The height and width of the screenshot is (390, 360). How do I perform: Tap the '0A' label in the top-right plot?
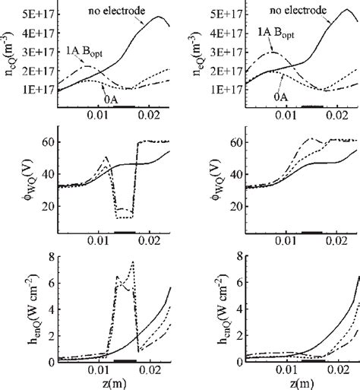288,99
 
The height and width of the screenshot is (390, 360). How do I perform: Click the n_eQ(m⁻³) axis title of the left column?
8,62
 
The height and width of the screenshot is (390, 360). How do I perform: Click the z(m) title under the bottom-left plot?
116,382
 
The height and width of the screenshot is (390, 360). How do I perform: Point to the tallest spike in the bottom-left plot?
133,262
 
